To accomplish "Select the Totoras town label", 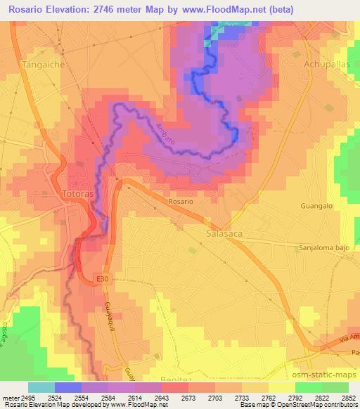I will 77,193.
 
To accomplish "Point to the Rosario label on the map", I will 180,201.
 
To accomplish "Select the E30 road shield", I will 103,280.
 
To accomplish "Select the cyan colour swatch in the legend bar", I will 41,387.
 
